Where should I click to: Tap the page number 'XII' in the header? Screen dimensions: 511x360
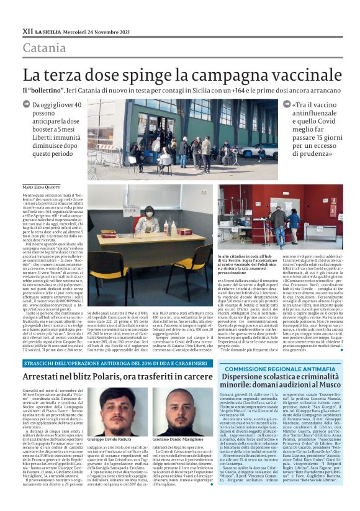pyautogui.click(x=27, y=29)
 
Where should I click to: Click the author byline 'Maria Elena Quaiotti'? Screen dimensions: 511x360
pyautogui.click(x=43, y=187)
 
